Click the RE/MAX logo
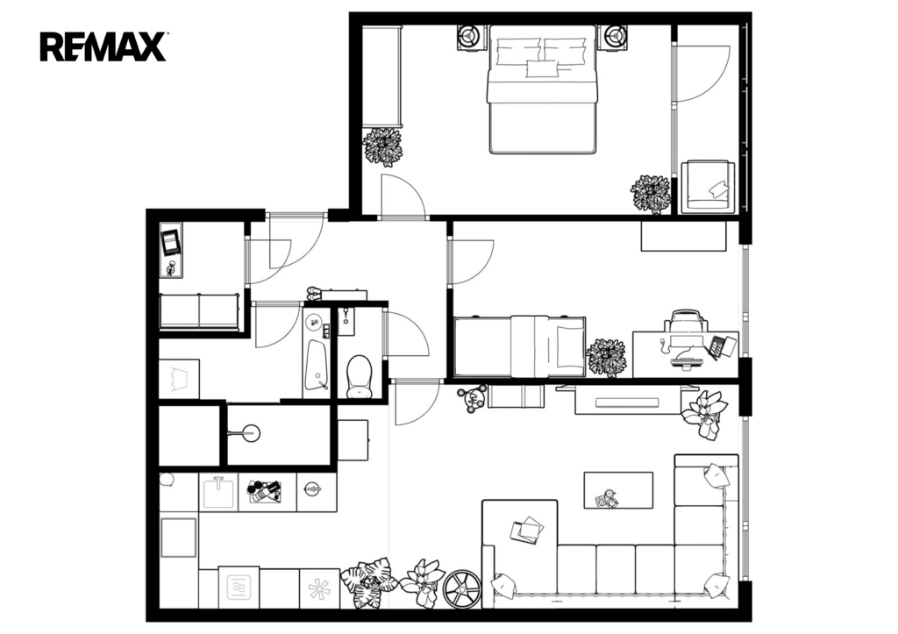[103, 47]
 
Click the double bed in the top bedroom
[542, 89]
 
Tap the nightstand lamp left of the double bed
[471, 37]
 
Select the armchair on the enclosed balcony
[708, 187]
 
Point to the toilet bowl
[360, 375]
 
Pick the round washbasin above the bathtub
[315, 321]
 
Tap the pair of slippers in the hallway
[315, 293]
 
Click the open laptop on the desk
[721, 346]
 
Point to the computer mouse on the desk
[663, 344]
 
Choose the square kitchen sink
[218, 492]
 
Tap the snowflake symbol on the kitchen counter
[319, 588]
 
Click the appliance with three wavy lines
[239, 588]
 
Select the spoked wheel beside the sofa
[462, 588]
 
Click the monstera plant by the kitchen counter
[368, 582]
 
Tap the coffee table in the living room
[618, 490]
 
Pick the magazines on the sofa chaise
[527, 530]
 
